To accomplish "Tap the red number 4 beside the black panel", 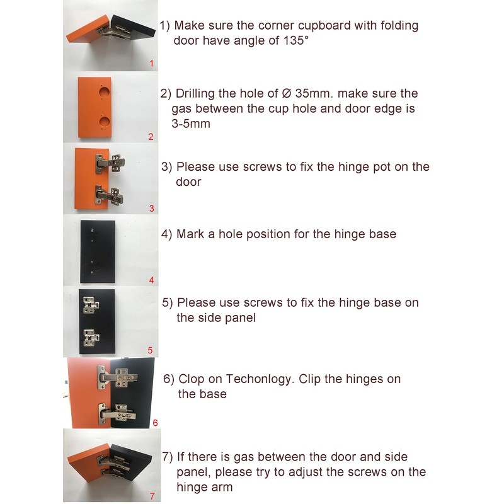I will (151, 280).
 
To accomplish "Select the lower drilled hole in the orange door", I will (101, 120).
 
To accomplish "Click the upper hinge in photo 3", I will (108, 163).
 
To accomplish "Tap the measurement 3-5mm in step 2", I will (191, 124).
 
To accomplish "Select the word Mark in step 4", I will (190, 234).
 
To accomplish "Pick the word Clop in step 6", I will (192, 380).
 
